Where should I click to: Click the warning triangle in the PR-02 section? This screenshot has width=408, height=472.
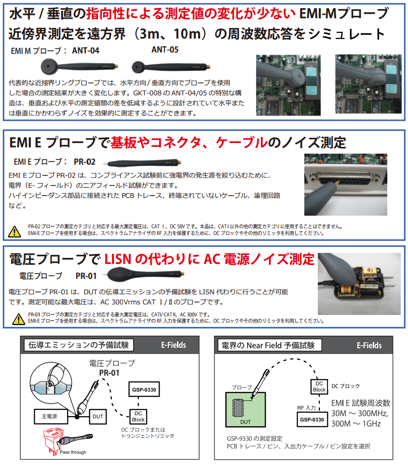pos(15,231)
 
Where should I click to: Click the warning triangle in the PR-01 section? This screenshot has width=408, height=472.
pos(18,318)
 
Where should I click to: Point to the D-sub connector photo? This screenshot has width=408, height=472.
pos(345,184)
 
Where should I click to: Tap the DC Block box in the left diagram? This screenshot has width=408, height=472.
pos(138,416)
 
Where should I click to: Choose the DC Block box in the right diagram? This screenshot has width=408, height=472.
pos(319,386)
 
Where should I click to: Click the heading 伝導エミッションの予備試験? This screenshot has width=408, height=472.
pos(79,345)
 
